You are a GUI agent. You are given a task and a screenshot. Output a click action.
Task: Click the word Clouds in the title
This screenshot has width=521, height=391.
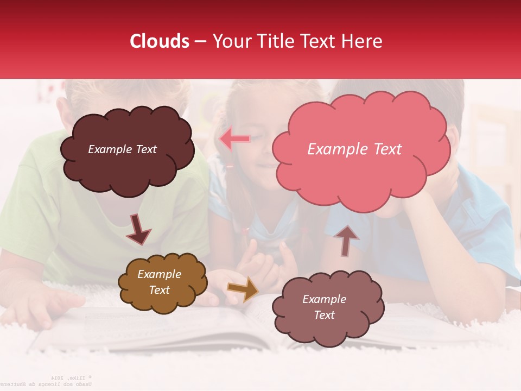159,41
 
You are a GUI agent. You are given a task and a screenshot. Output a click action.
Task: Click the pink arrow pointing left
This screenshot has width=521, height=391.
234,139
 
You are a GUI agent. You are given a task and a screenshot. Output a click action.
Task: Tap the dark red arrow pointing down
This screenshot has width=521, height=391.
138,229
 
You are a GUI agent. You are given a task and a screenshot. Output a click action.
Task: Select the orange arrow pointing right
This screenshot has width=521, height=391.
243,289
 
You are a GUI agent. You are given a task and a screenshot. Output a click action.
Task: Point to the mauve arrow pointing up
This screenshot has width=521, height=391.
346,240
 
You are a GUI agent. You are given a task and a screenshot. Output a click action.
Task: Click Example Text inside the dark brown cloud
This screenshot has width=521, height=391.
122,149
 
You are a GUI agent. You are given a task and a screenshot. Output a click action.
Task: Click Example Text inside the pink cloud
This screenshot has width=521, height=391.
354,149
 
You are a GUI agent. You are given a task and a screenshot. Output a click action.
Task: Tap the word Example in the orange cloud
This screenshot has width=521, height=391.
159,274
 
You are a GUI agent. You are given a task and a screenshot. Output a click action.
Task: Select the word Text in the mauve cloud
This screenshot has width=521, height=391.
324,315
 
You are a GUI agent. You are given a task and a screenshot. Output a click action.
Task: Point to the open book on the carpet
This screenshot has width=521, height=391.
163,331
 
